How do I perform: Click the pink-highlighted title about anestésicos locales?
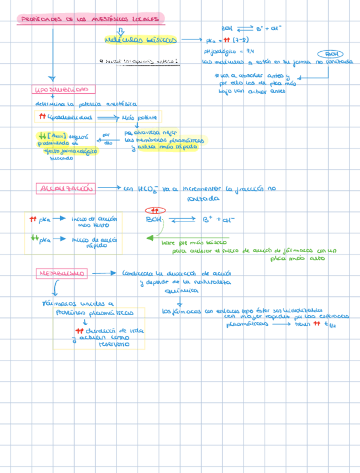click(x=90, y=20)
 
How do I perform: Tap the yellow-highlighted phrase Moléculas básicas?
click(x=140, y=40)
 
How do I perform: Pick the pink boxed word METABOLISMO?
click(x=62, y=273)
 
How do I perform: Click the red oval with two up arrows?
click(x=155, y=210)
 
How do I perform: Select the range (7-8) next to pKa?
click(x=240, y=40)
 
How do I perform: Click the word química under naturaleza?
click(x=180, y=291)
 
